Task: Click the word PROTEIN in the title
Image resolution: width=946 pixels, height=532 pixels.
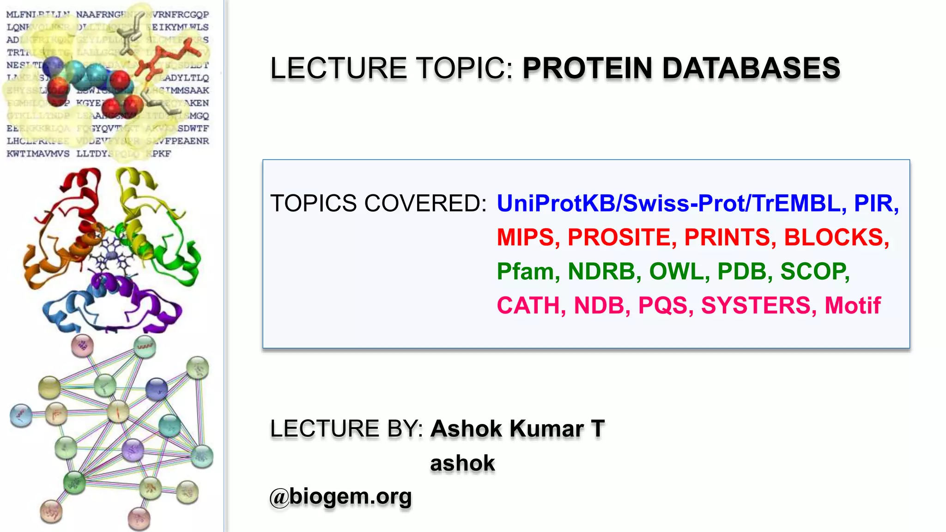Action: (x=588, y=68)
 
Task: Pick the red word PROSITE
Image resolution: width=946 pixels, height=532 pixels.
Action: (x=619, y=237)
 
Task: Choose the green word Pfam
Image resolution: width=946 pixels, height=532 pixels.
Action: (x=525, y=272)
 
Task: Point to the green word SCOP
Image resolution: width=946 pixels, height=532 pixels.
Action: (x=813, y=272)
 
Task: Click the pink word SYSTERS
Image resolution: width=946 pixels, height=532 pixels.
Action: (x=756, y=306)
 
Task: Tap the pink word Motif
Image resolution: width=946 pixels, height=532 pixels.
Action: (x=853, y=306)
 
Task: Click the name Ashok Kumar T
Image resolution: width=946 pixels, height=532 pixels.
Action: (x=517, y=429)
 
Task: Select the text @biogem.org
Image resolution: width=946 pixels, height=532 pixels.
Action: (x=340, y=497)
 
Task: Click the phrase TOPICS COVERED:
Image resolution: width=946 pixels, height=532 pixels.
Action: (x=378, y=204)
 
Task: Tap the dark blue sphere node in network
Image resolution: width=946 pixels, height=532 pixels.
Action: (x=157, y=389)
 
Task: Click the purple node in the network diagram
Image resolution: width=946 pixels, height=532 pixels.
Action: (x=133, y=450)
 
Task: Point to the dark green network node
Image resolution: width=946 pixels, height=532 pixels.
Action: (x=74, y=483)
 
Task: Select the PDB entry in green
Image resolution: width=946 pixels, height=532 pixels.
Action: (x=741, y=272)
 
